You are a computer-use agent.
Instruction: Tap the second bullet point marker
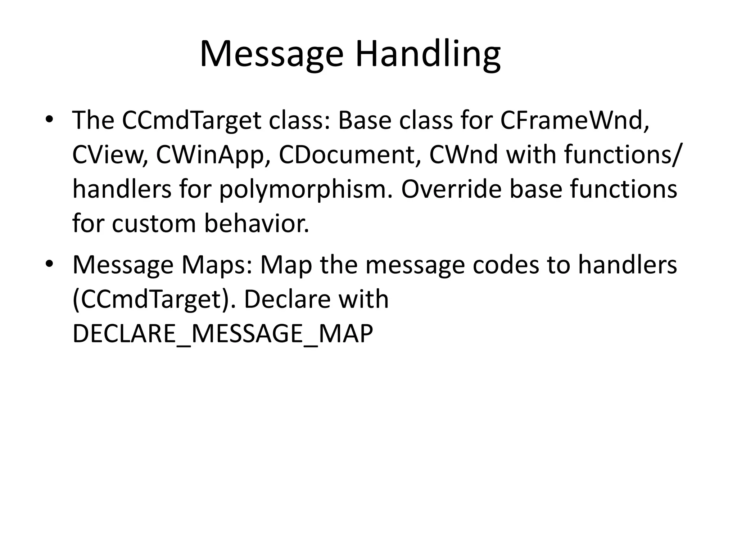(x=49, y=264)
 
